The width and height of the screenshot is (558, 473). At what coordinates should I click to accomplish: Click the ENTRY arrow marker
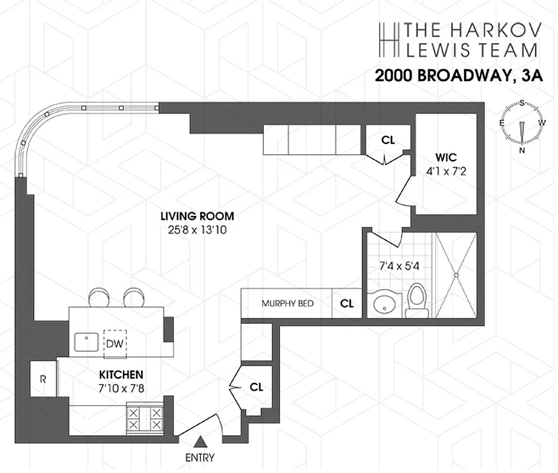(201, 441)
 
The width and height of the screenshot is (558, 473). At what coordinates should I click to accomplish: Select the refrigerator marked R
(43, 379)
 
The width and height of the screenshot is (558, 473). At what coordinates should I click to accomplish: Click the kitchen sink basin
(87, 342)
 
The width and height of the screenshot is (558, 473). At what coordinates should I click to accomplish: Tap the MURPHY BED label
(288, 304)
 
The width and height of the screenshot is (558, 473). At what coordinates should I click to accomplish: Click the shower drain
(456, 274)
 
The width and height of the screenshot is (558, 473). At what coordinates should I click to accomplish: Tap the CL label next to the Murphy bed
(347, 303)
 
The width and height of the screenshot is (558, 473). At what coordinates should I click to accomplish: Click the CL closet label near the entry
(256, 387)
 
